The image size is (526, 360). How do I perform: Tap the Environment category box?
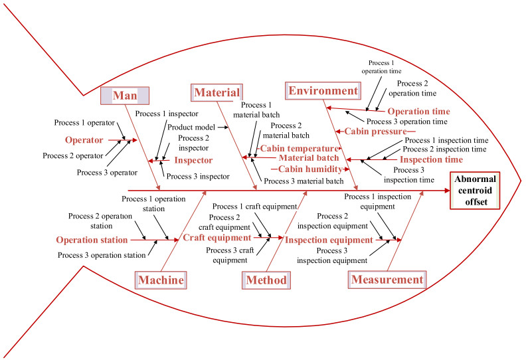[x=322, y=91]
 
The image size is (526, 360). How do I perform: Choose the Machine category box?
[x=159, y=280]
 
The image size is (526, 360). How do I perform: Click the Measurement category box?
[x=387, y=280]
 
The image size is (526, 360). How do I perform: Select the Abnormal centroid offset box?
[x=476, y=191]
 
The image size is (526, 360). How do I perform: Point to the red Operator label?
[x=84, y=140]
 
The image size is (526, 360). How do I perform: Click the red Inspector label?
[x=193, y=160]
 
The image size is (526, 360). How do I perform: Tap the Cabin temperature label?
[x=298, y=148]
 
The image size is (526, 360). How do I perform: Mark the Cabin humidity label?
[x=305, y=169]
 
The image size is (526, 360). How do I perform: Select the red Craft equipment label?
[x=217, y=237]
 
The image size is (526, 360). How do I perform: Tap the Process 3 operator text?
[x=107, y=172]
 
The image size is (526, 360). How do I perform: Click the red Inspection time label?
[x=432, y=159]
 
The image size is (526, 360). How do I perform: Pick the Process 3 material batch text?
[x=304, y=180]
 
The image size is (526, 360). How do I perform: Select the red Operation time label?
[x=418, y=112]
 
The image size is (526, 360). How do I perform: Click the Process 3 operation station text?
[x=102, y=254]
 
